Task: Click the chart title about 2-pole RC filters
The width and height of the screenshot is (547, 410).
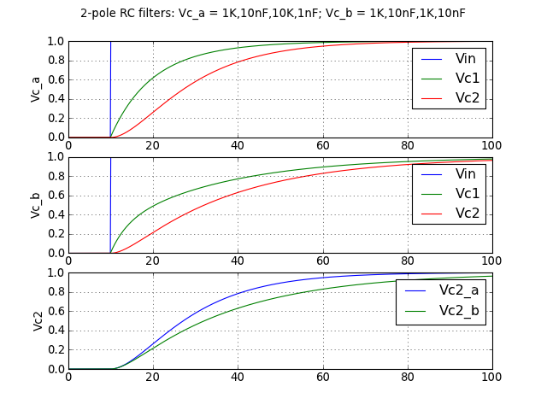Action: (x=273, y=14)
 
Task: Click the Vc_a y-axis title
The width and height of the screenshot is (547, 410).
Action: (x=36, y=89)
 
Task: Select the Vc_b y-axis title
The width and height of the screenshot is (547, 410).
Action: (x=36, y=205)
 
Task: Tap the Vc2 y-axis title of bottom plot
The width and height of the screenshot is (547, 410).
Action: (x=38, y=321)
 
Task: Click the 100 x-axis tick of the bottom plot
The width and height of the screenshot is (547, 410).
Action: (x=491, y=378)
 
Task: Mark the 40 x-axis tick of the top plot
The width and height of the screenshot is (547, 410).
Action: (x=238, y=145)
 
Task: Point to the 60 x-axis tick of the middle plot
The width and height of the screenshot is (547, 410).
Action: (x=322, y=261)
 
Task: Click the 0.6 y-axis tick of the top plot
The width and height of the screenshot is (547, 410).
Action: (x=56, y=79)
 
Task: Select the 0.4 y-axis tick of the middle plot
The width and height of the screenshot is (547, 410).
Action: (x=56, y=214)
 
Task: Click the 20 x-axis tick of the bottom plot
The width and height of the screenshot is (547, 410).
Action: (x=153, y=378)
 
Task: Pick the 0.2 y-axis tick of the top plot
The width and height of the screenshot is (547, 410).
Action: (x=56, y=118)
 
